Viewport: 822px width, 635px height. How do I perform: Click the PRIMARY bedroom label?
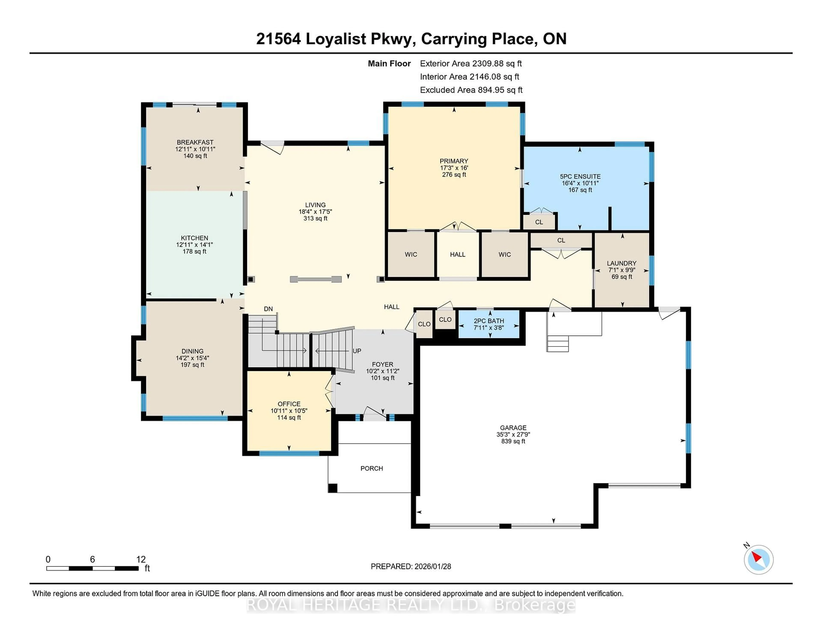454,161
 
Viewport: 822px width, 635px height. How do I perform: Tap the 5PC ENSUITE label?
580,177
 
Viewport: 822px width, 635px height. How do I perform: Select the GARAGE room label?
513,428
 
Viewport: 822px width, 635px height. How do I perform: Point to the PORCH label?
371,468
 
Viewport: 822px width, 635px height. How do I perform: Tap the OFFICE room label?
289,404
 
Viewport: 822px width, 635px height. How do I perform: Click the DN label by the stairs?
268,309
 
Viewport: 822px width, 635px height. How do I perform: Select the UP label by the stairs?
357,351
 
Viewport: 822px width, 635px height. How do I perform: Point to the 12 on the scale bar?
141,559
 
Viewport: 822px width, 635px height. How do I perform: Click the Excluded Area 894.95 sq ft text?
471,90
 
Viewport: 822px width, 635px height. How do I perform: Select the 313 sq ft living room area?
315,218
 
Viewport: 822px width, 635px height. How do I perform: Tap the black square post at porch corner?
332,488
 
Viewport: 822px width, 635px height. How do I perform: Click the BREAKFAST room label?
195,142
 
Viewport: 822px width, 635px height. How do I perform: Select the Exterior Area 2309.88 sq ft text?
471,64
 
